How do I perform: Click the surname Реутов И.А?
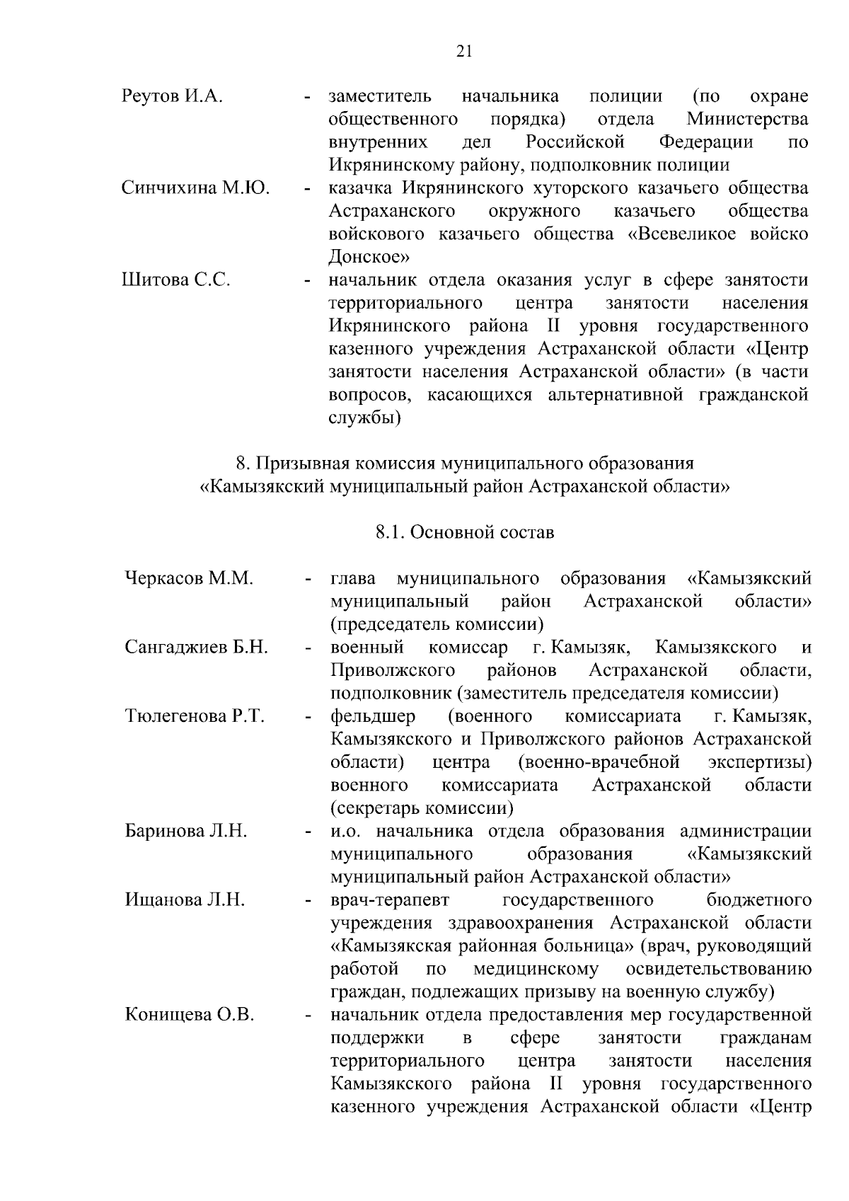pos(172,96)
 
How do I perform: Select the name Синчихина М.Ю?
pos(195,188)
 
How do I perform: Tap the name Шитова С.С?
pos(176,280)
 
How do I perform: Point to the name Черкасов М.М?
pos(188,578)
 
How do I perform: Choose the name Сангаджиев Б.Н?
pos(196,647)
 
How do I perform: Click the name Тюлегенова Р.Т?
pos(195,716)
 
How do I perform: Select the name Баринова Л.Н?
pos(186,831)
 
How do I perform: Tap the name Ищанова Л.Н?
pos(185,900)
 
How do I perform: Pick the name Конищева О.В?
pos(190,1014)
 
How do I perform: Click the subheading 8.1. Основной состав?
pos(464,532)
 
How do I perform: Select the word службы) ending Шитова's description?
pos(365,417)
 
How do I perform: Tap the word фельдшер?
pos(373,716)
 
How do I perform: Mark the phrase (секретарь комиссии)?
pos(422,808)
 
